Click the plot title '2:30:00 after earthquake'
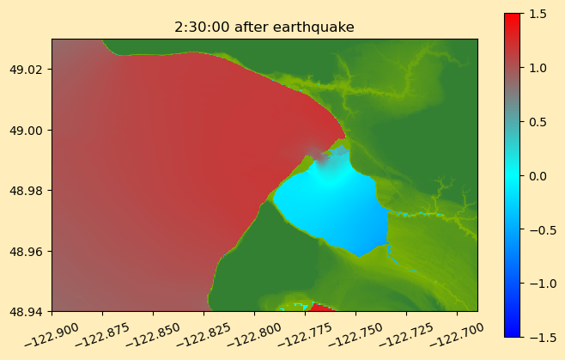(x=264, y=27)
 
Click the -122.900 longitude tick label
(x=52, y=335)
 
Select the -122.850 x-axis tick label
(x=153, y=335)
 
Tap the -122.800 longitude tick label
(x=254, y=335)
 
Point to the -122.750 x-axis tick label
(x=355, y=335)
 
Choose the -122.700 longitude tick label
(x=457, y=335)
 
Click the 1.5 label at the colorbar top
(x=538, y=14)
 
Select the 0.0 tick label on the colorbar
(x=538, y=176)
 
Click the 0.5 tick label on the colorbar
(x=538, y=122)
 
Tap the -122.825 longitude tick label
(x=204, y=335)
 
